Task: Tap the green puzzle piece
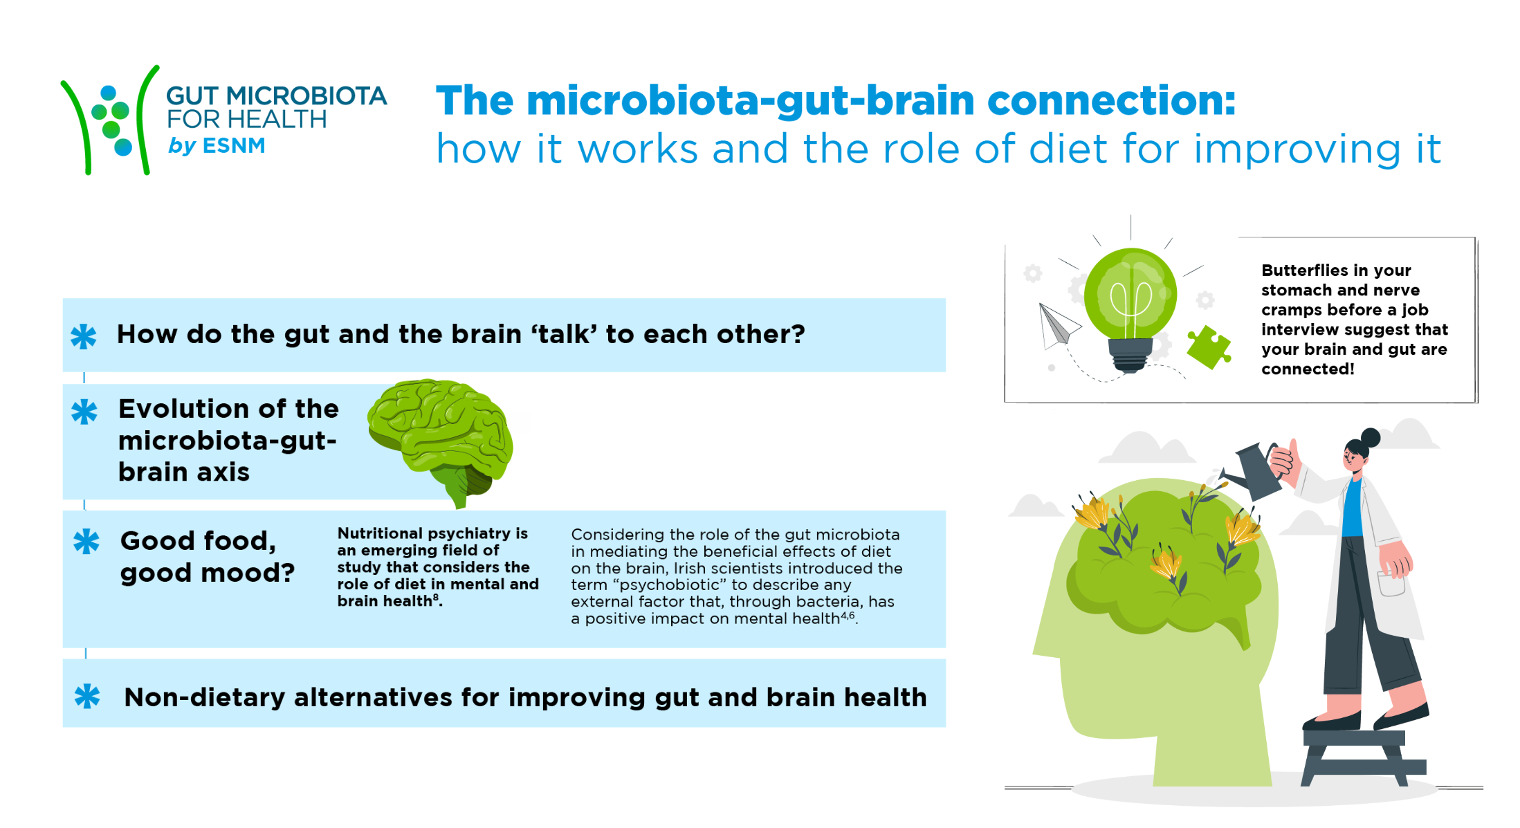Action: click(x=1209, y=347)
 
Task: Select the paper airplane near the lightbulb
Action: click(x=1057, y=325)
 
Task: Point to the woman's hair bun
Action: click(x=1370, y=437)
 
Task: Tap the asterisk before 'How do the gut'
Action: click(x=84, y=336)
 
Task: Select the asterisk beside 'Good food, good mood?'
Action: click(x=86, y=542)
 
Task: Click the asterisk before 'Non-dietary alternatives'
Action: click(x=87, y=696)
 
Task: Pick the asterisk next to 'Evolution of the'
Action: click(x=84, y=412)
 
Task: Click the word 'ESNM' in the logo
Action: click(x=234, y=146)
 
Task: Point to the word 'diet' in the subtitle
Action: click(x=1066, y=149)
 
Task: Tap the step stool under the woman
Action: click(x=1362, y=757)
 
